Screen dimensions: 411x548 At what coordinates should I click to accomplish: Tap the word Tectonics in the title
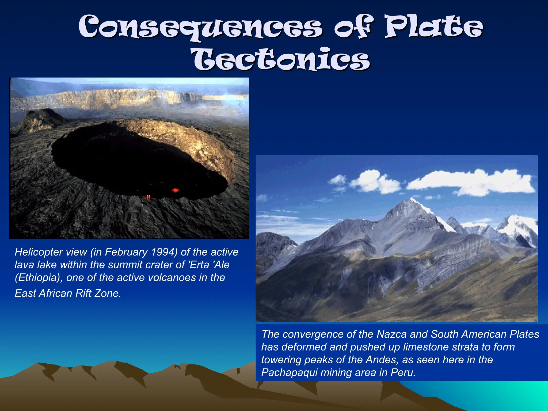click(281, 59)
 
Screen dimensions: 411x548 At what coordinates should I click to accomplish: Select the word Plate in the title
click(433, 27)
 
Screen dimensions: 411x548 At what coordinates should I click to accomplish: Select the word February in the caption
click(126, 252)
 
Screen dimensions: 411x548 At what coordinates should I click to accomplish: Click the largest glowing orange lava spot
click(175, 190)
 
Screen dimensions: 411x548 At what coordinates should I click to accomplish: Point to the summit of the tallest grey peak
click(411, 199)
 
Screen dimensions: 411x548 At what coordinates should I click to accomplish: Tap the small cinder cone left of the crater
click(40, 118)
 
